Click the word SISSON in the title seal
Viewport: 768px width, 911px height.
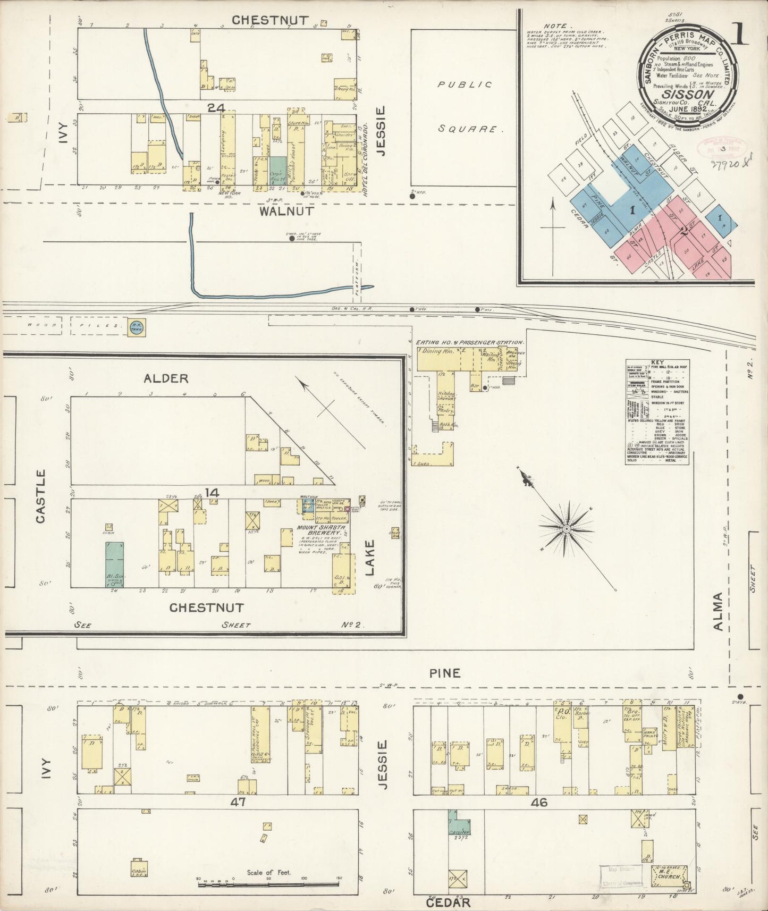[689, 94]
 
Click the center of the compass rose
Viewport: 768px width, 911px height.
[567, 528]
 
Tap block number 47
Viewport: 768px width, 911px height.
[238, 802]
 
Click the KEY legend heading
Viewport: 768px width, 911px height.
[657, 362]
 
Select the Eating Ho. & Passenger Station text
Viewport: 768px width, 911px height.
[470, 343]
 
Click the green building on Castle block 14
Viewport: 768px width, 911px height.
[114, 564]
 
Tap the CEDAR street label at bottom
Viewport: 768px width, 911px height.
[449, 902]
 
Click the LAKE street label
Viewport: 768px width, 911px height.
[369, 558]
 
